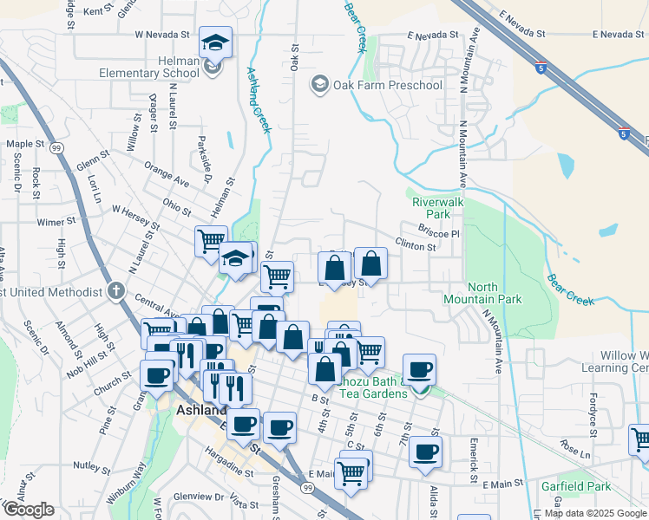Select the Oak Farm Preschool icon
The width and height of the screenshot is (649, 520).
319,84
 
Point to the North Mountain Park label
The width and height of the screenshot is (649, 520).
495,293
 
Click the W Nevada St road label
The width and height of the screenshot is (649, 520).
162,35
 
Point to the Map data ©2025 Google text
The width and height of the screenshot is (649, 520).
595,512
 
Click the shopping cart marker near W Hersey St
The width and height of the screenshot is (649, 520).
211,240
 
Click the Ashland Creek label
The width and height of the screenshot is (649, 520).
259,101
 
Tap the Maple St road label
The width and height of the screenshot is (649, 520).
25,144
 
